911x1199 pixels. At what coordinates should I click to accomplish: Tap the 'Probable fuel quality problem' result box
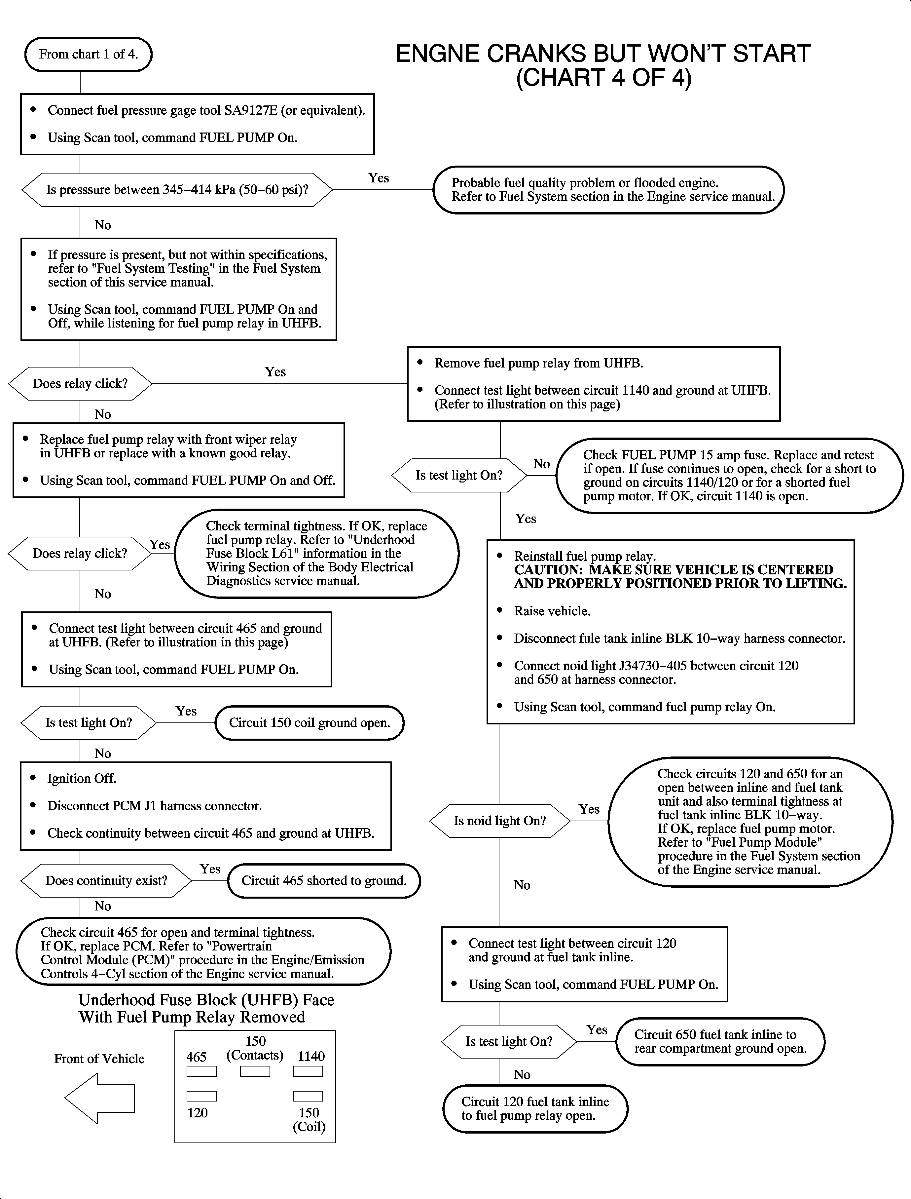click(x=608, y=190)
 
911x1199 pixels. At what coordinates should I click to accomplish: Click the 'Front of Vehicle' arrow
click(x=99, y=1099)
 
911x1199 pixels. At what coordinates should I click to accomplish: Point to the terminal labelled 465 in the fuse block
click(x=202, y=1071)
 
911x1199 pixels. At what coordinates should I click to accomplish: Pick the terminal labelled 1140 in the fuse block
click(x=308, y=1071)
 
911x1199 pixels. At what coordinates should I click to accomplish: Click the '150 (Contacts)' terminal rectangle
click(x=255, y=1071)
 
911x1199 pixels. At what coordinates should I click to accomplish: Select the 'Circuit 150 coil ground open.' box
click(x=309, y=723)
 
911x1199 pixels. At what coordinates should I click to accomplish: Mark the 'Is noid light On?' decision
click(x=499, y=821)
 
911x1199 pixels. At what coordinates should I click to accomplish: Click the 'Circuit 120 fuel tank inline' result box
click(x=535, y=1108)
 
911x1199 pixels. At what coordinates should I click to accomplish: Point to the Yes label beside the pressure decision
click(x=379, y=178)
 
